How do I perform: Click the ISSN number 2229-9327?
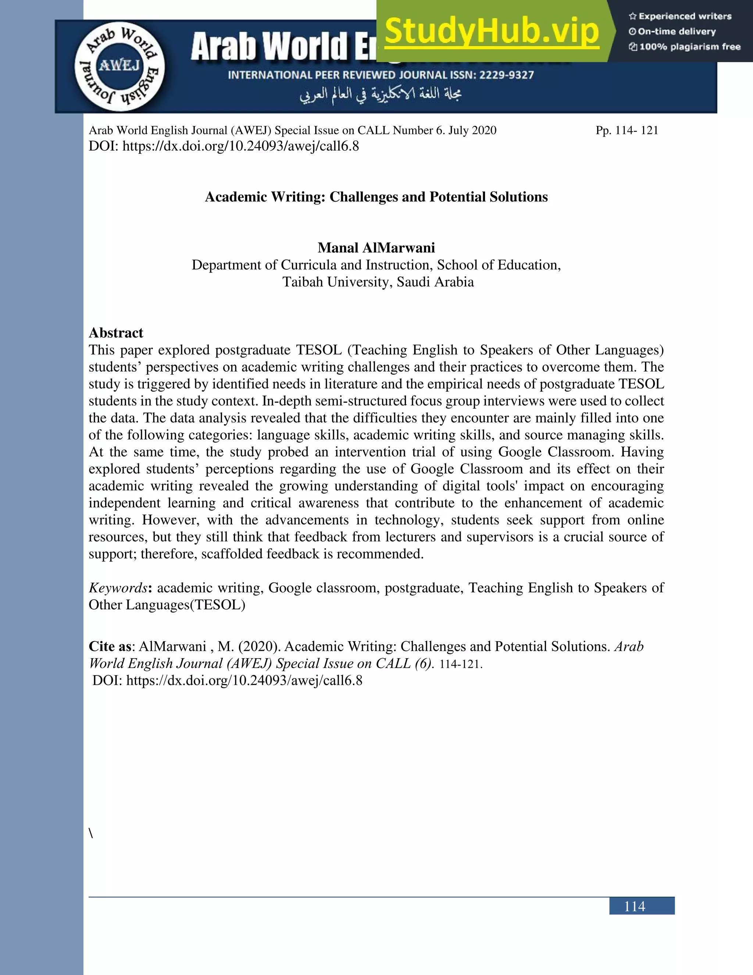tap(506, 75)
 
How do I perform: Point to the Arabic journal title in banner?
tap(380, 94)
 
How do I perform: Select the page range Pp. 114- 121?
tap(627, 130)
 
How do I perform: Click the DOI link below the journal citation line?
tap(240, 146)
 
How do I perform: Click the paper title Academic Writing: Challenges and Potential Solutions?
tap(376, 197)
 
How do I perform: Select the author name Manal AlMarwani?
tap(376, 248)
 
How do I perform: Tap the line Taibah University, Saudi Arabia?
tap(378, 282)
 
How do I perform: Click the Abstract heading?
tap(116, 333)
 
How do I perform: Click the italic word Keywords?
tap(118, 588)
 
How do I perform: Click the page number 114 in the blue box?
tap(634, 907)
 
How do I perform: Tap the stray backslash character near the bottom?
tap(91, 833)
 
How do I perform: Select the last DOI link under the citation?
tap(244, 680)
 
